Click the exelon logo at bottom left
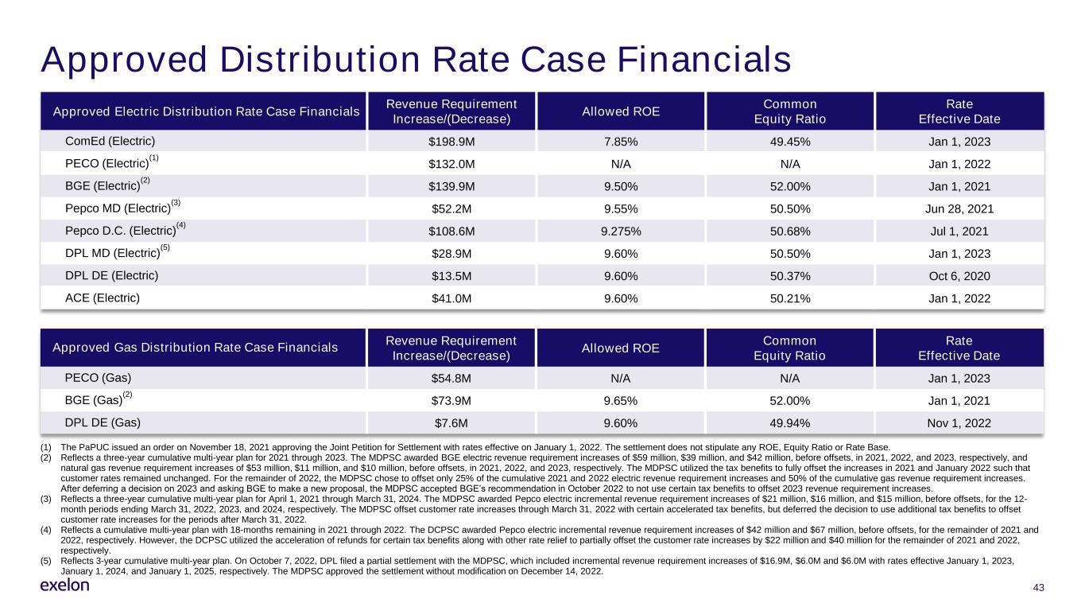64,586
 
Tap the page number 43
1038,588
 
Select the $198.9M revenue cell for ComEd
451,142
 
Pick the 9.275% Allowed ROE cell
621,232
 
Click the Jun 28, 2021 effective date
959,209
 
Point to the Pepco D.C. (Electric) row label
121,231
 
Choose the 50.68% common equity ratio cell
790,232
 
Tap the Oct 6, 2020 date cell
959,276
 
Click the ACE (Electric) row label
103,298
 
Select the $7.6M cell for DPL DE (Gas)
451,423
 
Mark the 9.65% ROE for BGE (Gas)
621,401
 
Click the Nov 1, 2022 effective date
959,423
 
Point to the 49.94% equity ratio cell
789,423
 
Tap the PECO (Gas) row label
98,377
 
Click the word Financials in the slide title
703,60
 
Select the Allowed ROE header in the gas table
621,348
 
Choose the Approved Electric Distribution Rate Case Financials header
207,111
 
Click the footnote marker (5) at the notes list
45,561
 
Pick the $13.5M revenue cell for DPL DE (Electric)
451,276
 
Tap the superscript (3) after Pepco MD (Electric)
176,203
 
